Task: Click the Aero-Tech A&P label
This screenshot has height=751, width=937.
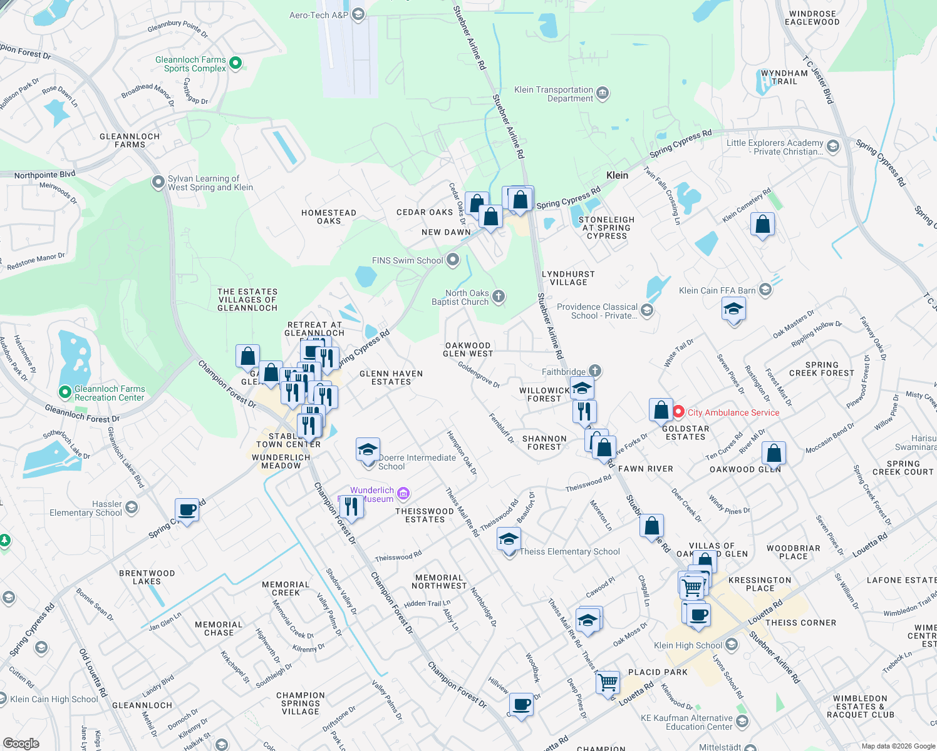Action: pyautogui.click(x=318, y=15)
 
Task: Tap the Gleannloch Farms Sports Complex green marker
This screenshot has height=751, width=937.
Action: pyautogui.click(x=236, y=63)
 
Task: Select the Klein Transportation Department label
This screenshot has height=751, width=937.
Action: pyautogui.click(x=553, y=94)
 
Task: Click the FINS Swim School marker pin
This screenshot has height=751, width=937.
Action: pyautogui.click(x=453, y=260)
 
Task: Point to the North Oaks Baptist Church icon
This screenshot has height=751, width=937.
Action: pyautogui.click(x=499, y=297)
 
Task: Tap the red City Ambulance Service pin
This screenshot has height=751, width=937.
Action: pyautogui.click(x=678, y=412)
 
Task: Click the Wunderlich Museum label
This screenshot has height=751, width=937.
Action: pyautogui.click(x=372, y=494)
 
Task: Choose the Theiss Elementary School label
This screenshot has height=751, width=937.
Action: pyautogui.click(x=569, y=551)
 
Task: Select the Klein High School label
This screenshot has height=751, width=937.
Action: pyautogui.click(x=688, y=645)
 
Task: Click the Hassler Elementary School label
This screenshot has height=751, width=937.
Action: pyautogui.click(x=86, y=508)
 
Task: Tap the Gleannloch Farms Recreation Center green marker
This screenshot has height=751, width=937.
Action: pyautogui.click(x=65, y=392)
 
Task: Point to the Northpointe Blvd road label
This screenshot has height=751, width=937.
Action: pyautogui.click(x=44, y=175)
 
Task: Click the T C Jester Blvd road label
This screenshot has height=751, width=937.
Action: pyautogui.click(x=818, y=81)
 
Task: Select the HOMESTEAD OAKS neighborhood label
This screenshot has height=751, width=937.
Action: pyautogui.click(x=328, y=217)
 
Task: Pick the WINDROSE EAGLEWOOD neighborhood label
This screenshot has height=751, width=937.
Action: pyautogui.click(x=812, y=18)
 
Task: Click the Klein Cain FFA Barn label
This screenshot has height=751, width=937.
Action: pyautogui.click(x=717, y=290)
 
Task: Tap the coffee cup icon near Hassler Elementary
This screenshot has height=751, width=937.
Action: pyautogui.click(x=187, y=510)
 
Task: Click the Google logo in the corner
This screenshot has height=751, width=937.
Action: pyautogui.click(x=21, y=743)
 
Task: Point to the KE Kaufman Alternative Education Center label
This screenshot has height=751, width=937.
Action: pyautogui.click(x=686, y=722)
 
